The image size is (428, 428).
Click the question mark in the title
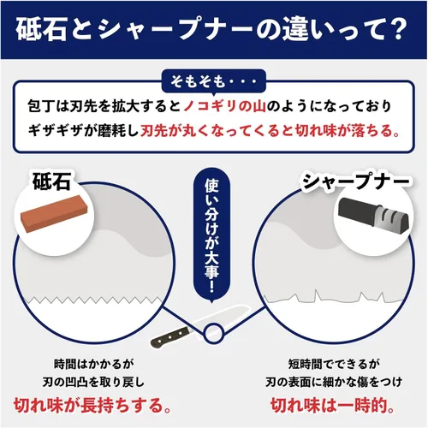397,30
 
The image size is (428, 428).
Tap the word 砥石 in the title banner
41,30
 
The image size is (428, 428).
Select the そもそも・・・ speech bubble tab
214,82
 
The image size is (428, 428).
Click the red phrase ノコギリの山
224,106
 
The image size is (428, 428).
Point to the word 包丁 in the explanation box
41,106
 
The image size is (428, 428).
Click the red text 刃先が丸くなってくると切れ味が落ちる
267,131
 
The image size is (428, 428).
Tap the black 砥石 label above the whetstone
51,181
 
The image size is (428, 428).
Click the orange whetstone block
54,212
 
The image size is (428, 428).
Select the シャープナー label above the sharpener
355,181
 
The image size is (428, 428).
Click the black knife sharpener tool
374,212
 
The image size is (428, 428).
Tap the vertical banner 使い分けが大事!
211,233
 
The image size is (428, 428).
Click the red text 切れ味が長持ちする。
92,405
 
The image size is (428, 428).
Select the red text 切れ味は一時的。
333,405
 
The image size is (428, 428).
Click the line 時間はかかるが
93,364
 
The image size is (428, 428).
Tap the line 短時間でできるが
334,364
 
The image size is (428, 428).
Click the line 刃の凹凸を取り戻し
93,383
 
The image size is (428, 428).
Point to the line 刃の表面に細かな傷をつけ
334,383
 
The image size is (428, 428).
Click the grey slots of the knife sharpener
389,214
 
